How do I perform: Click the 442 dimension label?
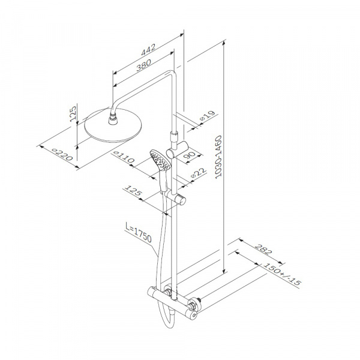tap(148, 50)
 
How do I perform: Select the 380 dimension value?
tap(144, 65)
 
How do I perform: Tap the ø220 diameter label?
tap(62, 155)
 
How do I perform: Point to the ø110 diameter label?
tap(124, 157)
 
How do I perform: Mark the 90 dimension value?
tap(190, 155)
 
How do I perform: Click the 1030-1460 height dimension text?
tap(218, 157)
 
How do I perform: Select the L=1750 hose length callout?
tap(139, 232)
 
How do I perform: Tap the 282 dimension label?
tap(263, 250)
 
